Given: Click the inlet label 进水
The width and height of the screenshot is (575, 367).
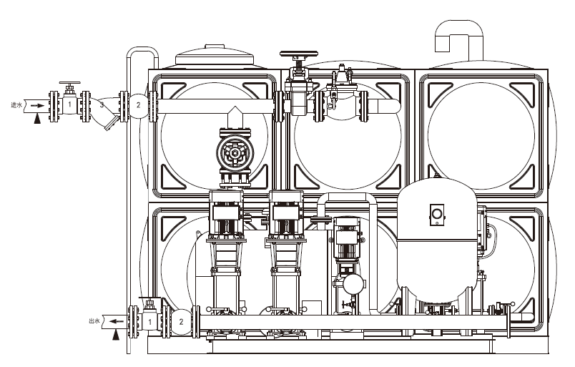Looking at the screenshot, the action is [16, 105].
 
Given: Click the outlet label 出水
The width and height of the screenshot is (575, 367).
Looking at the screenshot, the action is [94, 321].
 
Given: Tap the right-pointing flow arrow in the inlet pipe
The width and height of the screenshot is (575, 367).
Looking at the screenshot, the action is [37, 105].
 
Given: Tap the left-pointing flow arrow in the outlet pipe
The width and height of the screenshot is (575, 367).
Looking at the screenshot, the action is [117, 321].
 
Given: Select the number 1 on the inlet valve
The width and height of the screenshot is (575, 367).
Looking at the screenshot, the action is [69, 105].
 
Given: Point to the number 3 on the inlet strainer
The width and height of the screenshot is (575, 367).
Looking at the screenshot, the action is [102, 105].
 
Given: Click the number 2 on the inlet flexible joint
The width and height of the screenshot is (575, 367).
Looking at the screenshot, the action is [138, 105].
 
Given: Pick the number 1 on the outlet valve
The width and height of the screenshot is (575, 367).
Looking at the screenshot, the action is [149, 322].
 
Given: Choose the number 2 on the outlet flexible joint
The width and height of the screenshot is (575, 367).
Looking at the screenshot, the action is [181, 322].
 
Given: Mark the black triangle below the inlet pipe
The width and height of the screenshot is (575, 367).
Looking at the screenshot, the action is [37, 119].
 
